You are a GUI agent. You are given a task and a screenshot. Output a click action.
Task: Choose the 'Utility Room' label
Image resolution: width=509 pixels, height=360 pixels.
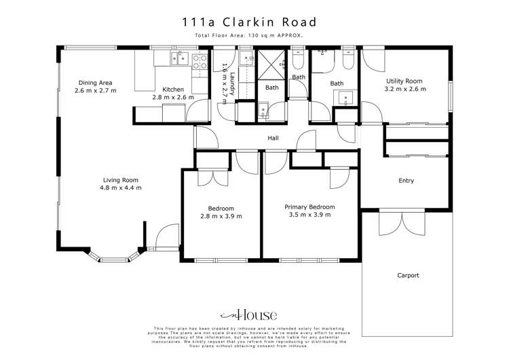[x=405, y=81]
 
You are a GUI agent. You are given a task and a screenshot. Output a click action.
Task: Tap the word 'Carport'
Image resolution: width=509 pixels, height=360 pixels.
[x=408, y=275]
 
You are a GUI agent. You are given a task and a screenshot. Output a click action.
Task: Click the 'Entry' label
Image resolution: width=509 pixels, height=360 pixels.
[x=406, y=181]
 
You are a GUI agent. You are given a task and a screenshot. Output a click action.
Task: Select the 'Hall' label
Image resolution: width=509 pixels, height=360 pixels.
[x=274, y=139]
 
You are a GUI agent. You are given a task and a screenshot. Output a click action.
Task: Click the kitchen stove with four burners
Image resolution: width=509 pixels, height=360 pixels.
[x=200, y=62]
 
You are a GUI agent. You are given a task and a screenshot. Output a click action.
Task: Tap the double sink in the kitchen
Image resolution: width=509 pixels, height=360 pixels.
[x=181, y=60]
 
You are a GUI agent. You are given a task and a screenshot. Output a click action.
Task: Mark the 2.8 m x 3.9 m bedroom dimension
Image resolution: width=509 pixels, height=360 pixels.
[x=221, y=216]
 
